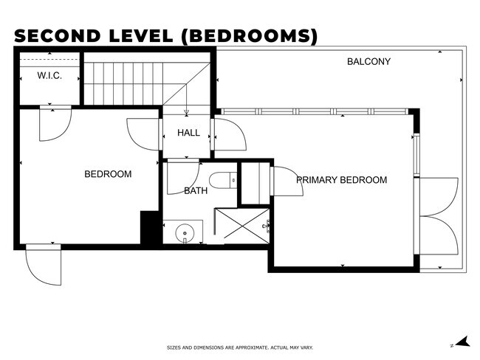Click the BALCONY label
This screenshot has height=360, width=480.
[x=368, y=61]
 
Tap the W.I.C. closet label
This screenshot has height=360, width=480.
[x=49, y=75]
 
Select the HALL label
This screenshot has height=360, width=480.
[x=188, y=133]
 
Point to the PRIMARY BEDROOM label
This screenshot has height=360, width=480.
[x=342, y=179]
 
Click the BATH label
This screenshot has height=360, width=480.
[x=196, y=191]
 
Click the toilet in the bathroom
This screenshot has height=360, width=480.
[x=223, y=180]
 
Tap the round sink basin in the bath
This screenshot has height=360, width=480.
[x=185, y=232]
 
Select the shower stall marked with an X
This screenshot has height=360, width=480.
[x=242, y=226]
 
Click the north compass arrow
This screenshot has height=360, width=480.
[x=462, y=342]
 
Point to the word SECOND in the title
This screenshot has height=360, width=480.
[x=58, y=36]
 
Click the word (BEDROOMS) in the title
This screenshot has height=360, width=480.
[x=250, y=36]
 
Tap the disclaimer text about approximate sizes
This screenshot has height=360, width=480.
[x=240, y=347]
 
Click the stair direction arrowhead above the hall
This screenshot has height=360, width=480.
[x=186, y=113]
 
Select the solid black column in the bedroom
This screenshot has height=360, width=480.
[x=149, y=227]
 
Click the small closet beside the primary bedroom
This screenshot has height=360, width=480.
[x=255, y=184]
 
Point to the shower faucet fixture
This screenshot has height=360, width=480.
[x=266, y=226]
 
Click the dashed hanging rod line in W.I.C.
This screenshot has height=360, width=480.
[x=49, y=59]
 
